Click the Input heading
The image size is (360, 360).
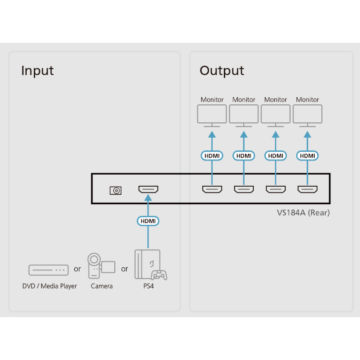coord(37,71)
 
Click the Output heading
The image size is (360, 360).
coord(221,71)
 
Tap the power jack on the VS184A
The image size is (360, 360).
coord(115,190)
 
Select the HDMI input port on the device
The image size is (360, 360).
coord(148,190)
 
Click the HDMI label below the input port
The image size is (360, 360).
coord(148,221)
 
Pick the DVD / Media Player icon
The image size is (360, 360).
coord(48,270)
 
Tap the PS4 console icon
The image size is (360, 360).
coord(150,265)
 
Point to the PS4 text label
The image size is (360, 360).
coord(149,286)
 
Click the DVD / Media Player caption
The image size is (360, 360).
coord(50,286)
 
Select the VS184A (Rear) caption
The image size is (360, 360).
coord(303,213)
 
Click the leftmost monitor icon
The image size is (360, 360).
coord(212,115)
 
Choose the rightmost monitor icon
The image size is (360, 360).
coord(308,115)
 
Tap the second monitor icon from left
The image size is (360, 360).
coord(244,115)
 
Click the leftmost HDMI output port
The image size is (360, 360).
coord(212,190)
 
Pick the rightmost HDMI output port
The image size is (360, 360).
coord(308,190)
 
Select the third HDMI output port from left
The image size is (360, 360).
coord(276,190)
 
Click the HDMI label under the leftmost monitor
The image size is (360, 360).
coord(212,156)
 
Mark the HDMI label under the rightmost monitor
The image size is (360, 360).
coord(308,156)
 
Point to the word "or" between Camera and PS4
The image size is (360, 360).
coord(124,269)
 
